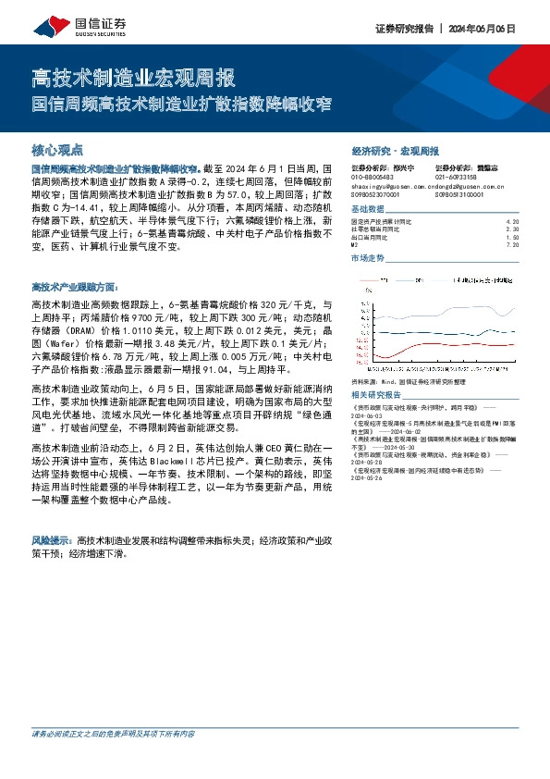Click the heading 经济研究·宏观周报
pyautogui.click(x=396, y=150)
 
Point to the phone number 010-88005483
pyautogui.click(x=373, y=176)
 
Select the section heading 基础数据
pyautogui.click(x=369, y=209)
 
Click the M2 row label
pyautogui.click(x=355, y=245)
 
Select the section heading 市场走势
pyautogui.click(x=369, y=258)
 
